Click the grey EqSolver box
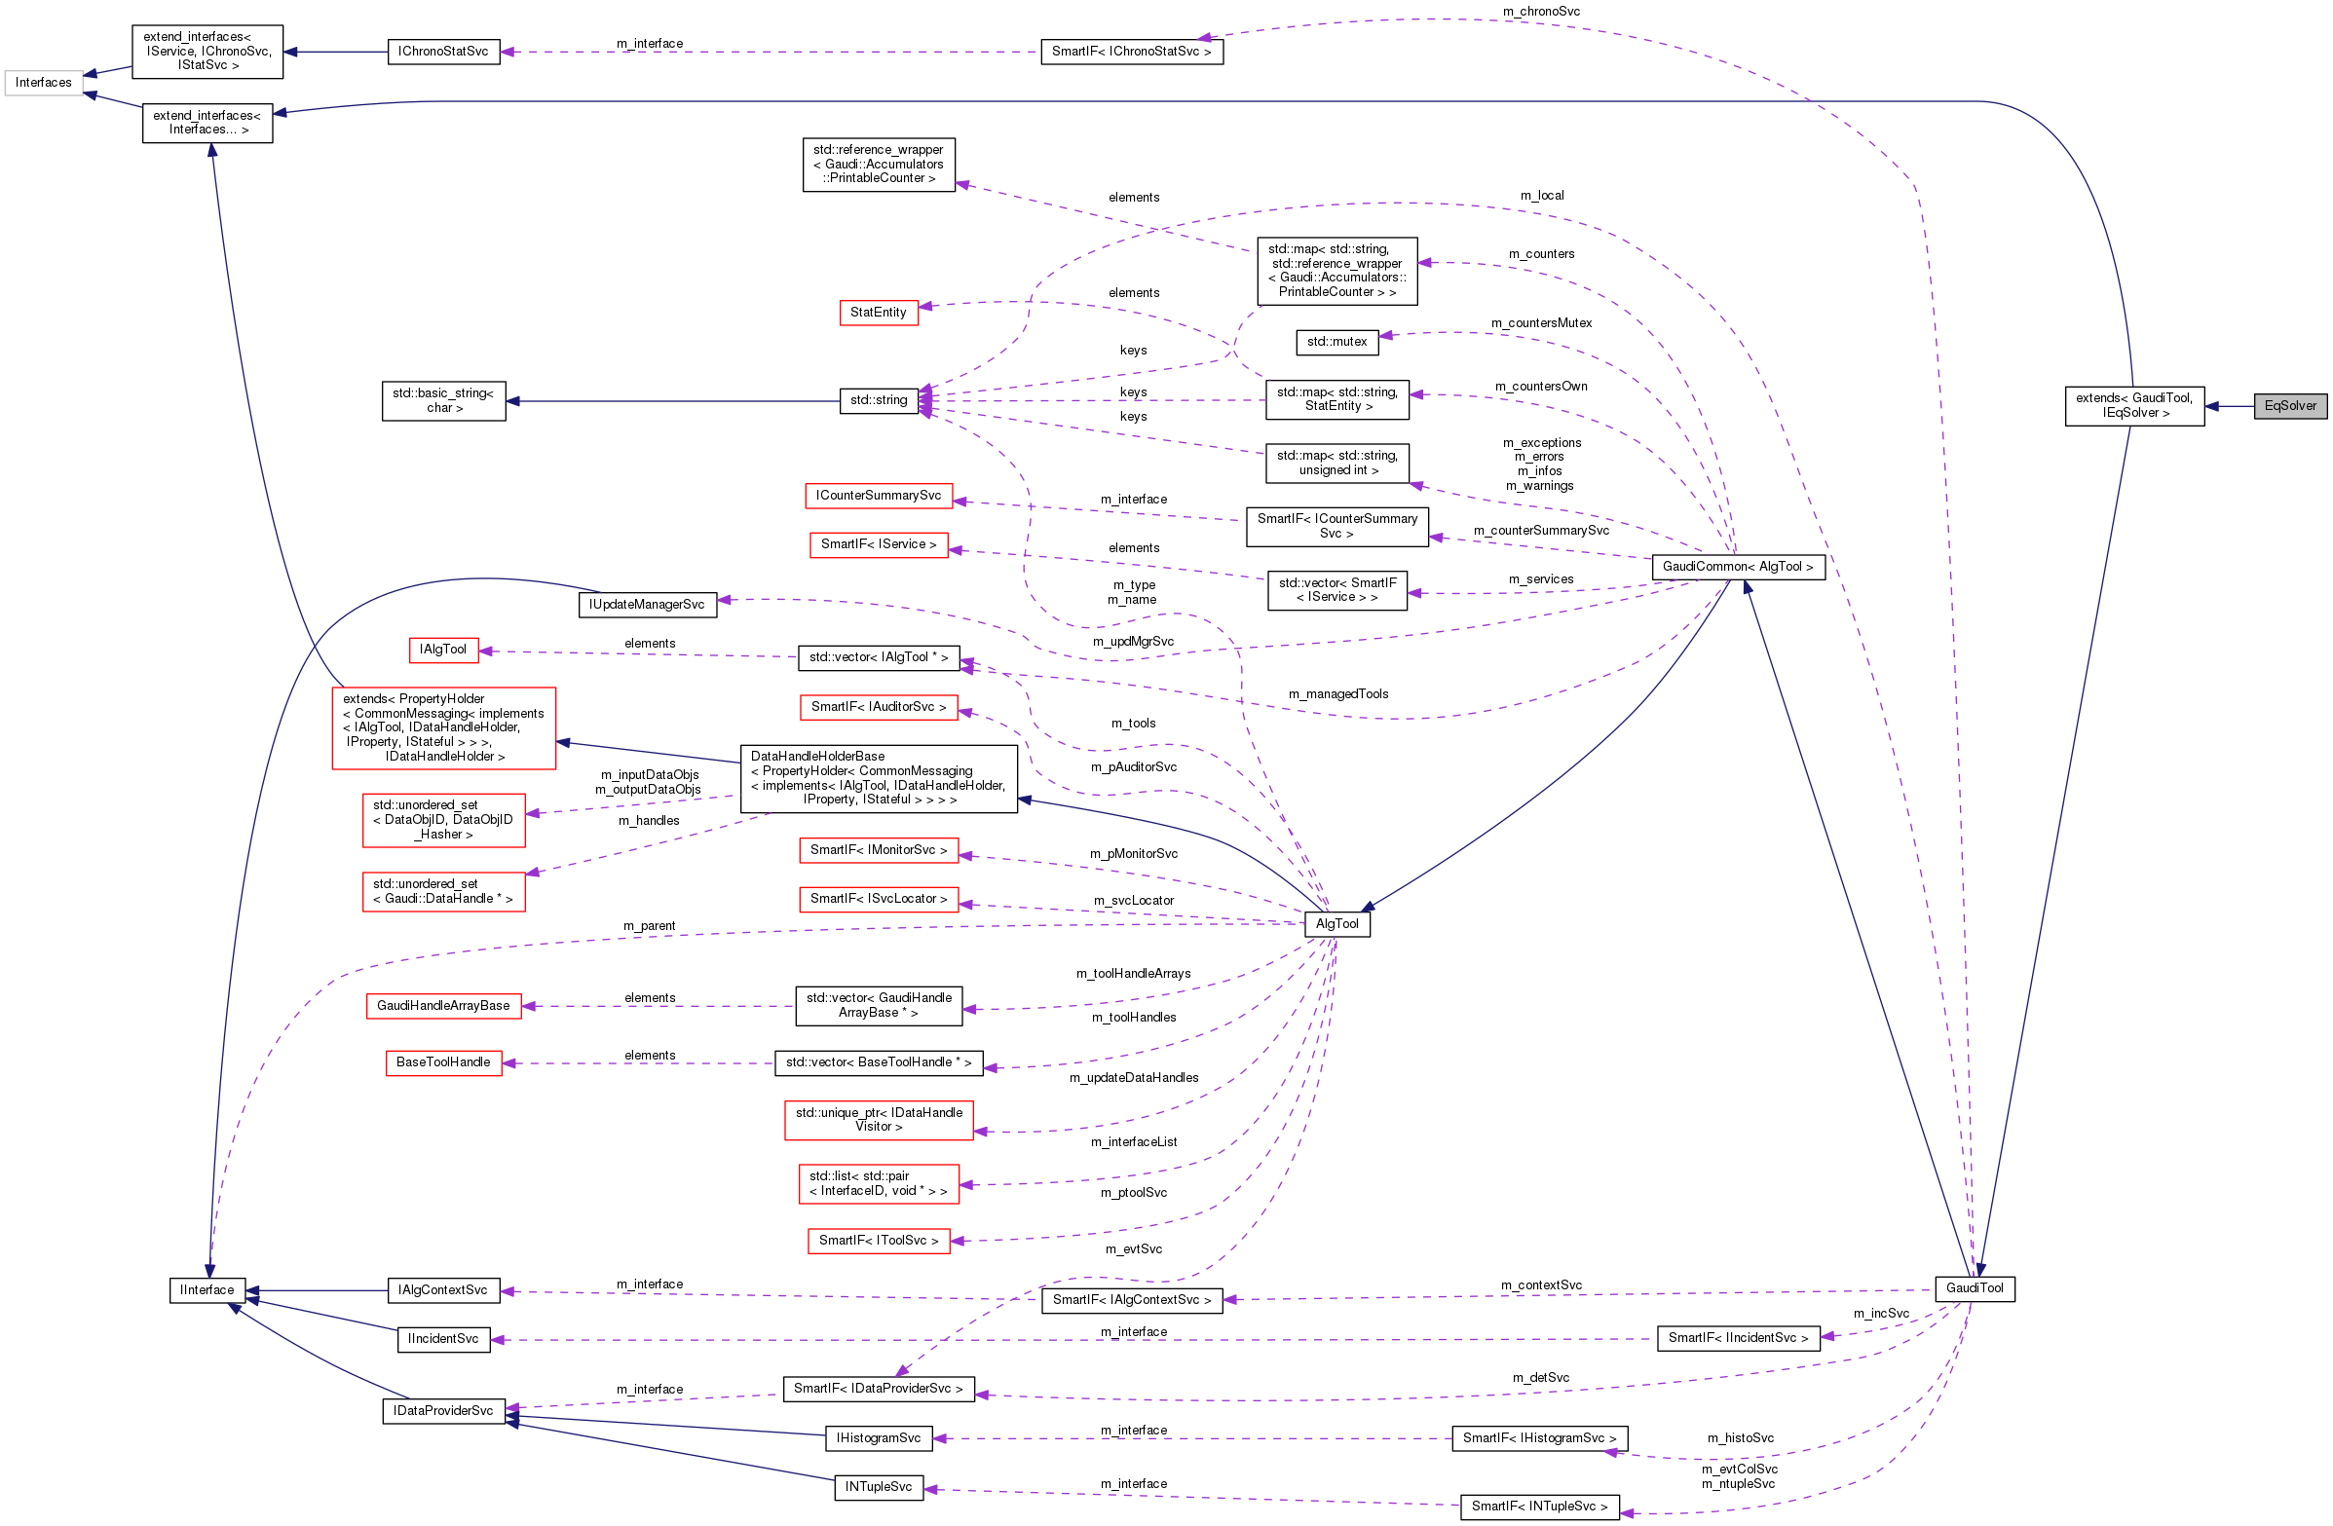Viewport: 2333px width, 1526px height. tap(2290, 406)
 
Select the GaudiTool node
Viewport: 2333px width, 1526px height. tap(1975, 1287)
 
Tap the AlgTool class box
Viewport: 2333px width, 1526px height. tap(1337, 924)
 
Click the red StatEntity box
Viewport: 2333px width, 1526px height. tap(879, 313)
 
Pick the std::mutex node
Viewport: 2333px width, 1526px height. tap(1336, 342)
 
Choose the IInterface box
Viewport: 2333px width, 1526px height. tap(207, 1289)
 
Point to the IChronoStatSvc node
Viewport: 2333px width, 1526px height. tap(443, 52)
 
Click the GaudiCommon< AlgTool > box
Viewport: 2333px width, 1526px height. tap(1737, 567)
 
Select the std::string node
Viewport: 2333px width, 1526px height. tap(879, 400)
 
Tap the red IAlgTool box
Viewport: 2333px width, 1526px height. tap(443, 650)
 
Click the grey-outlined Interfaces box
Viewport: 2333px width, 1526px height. tap(43, 83)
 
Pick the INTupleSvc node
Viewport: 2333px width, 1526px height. tap(879, 1487)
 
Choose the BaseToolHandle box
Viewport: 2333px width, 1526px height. tap(443, 1062)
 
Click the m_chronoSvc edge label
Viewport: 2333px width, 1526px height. tap(1541, 12)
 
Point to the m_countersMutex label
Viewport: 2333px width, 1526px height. tap(1541, 323)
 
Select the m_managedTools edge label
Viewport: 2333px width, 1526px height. tap(1338, 694)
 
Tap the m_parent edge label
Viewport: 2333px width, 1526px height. tap(649, 926)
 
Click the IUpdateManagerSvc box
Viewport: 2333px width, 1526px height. tap(647, 605)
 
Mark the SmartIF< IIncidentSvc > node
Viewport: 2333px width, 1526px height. tap(1738, 1338)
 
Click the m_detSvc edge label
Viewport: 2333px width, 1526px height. tap(1540, 1378)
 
